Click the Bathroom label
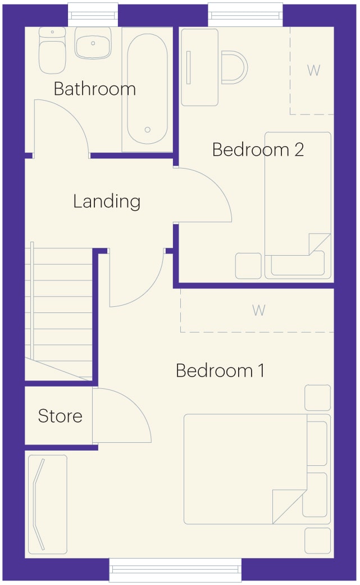pos(95,89)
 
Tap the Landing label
pos(107,202)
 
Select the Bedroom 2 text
pos(258,149)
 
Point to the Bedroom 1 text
pos(220,370)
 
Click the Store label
pos(60,416)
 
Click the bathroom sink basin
pos(93,43)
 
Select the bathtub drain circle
pos(148,130)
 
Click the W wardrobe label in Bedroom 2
pos(313,70)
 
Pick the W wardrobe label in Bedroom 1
pos(259,310)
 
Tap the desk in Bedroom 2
pos(200,67)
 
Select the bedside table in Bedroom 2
pos(249,266)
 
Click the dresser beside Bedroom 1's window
pos(48,505)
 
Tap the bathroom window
pos(93,15)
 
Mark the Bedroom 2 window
pos(245,15)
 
